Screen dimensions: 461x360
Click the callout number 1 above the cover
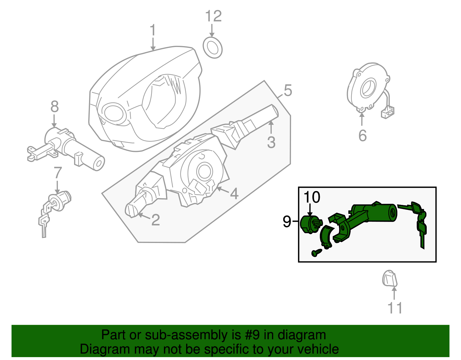pos(153,31)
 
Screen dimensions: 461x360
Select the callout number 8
pos(54,107)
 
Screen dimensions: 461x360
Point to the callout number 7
pos(58,173)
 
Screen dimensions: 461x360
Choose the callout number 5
pos(288,91)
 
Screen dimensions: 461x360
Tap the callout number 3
pos(271,142)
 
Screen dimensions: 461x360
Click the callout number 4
pos(234,193)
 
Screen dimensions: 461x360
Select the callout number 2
pos(155,220)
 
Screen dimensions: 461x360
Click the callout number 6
pos(362,135)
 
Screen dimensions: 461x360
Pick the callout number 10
pos(312,197)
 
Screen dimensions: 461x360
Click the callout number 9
pos(287,222)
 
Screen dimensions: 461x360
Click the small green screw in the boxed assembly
pos(316,253)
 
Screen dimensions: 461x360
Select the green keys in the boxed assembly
pos(420,222)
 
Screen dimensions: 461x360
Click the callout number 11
pos(395,308)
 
